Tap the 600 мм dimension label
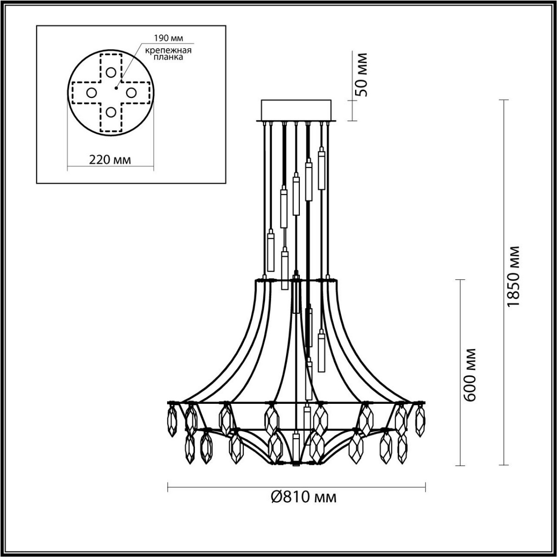[470, 374]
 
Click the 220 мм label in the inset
[110, 160]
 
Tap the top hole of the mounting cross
[110, 72]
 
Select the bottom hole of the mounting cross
[110, 112]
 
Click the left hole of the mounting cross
[91, 92]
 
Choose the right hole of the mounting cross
[130, 92]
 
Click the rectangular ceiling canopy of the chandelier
[296, 110]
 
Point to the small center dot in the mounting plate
[116, 86]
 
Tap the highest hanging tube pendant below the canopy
[321, 169]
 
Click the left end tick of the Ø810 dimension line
[167, 487]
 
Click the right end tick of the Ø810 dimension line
[425, 487]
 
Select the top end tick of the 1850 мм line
[504, 100]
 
